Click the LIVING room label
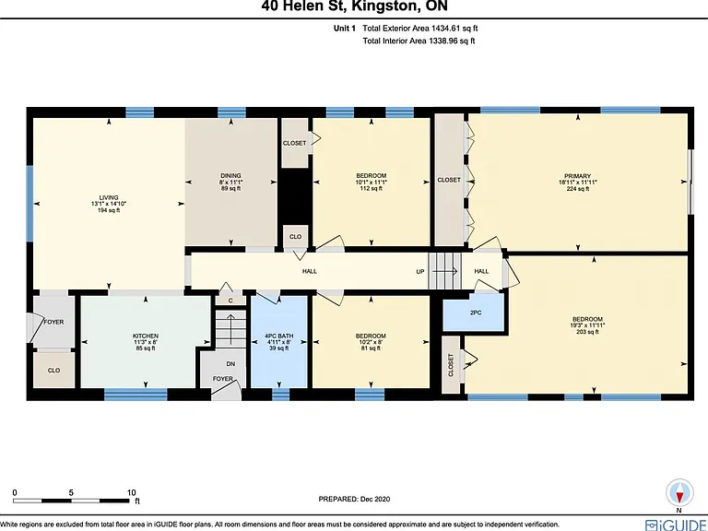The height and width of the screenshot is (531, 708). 109,197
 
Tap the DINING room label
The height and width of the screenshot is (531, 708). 230,176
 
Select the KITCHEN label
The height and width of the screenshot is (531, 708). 146,336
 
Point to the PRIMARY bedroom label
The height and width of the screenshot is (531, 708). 577,176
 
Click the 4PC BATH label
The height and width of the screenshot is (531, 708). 279,336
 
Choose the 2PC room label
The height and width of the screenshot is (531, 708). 476,313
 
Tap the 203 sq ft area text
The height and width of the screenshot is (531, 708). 587,332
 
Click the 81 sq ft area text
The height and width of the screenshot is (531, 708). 371,348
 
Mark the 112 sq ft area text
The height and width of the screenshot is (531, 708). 372,188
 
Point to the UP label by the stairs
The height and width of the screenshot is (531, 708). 420,272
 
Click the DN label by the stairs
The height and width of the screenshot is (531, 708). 230,364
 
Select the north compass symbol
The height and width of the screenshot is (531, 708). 679,493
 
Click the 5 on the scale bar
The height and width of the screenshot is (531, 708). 71,492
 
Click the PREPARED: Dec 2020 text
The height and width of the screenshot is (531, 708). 354,499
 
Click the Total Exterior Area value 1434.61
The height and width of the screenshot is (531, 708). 445,28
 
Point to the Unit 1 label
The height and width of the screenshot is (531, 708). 345,28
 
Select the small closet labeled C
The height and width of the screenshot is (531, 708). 230,300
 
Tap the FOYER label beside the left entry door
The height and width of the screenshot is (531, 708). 53,322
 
